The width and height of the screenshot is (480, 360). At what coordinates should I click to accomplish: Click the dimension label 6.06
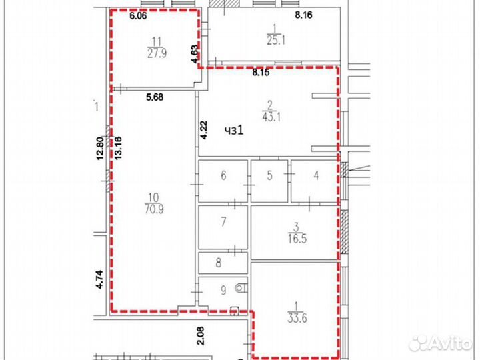point(138,15)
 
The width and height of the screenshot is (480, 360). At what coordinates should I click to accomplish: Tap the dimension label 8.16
point(304,15)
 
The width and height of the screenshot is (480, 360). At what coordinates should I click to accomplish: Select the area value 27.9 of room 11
point(157,53)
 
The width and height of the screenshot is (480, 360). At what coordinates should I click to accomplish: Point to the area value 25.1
point(276,40)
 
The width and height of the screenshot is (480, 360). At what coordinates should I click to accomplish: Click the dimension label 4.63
point(195,54)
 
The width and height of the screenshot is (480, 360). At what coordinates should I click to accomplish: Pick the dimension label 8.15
point(261,73)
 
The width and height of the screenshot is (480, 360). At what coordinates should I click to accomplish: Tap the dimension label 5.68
point(155,97)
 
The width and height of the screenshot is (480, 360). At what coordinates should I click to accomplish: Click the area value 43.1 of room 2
point(271,117)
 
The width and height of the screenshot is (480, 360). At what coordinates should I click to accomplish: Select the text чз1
point(234,131)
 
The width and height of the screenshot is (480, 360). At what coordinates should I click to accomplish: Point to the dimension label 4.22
point(204,131)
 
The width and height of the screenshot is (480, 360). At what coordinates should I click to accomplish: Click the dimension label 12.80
point(99,149)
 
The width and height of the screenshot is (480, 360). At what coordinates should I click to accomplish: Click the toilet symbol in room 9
point(241,288)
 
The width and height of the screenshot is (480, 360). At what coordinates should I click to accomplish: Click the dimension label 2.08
point(200,336)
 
